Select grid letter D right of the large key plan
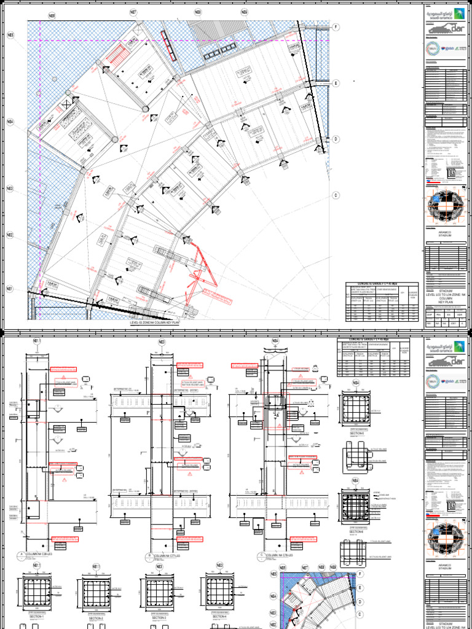pyautogui.click(x=336, y=139)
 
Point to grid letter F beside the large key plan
pyautogui.click(x=336, y=28)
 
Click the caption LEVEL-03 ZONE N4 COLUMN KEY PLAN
pyautogui.click(x=155, y=322)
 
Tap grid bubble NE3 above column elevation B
pyautogui.click(x=162, y=342)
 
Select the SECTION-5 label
pyautogui.click(x=357, y=433)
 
